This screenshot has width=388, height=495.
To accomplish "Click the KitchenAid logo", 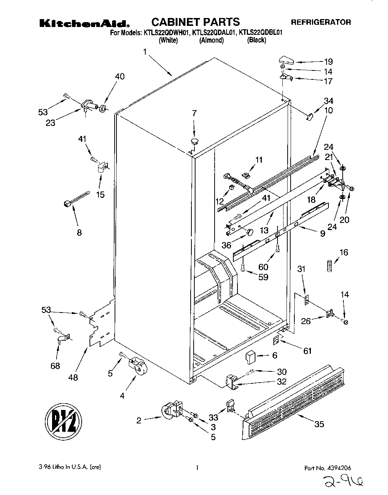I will tap(85, 23).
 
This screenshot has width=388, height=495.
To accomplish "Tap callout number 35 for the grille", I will tap(319, 424).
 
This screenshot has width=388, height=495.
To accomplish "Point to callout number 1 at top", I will tap(145, 52).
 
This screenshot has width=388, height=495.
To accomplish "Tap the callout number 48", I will tap(73, 377).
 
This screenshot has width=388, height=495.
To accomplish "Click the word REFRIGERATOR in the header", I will tap(321, 22).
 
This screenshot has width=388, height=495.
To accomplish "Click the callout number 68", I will tap(55, 366).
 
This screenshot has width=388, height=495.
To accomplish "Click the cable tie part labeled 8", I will tap(76, 199).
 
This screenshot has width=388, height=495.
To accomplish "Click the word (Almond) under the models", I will tap(211, 40).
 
